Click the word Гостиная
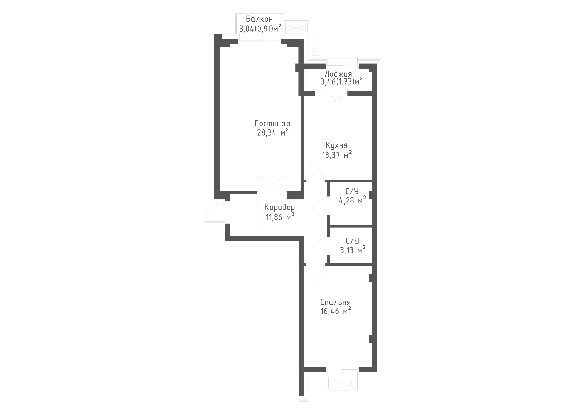(272, 124)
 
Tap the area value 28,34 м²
(273, 132)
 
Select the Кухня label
(337, 145)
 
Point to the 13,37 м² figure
(337, 154)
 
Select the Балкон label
(259, 19)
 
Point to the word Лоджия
(338, 74)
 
